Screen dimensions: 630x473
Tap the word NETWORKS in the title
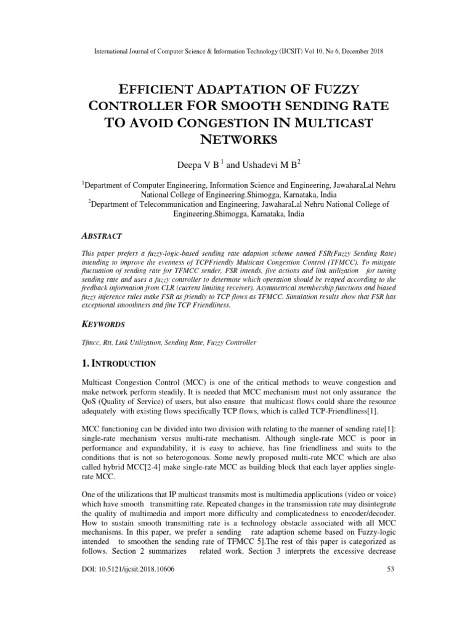236,139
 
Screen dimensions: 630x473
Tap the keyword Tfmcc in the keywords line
92,342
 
